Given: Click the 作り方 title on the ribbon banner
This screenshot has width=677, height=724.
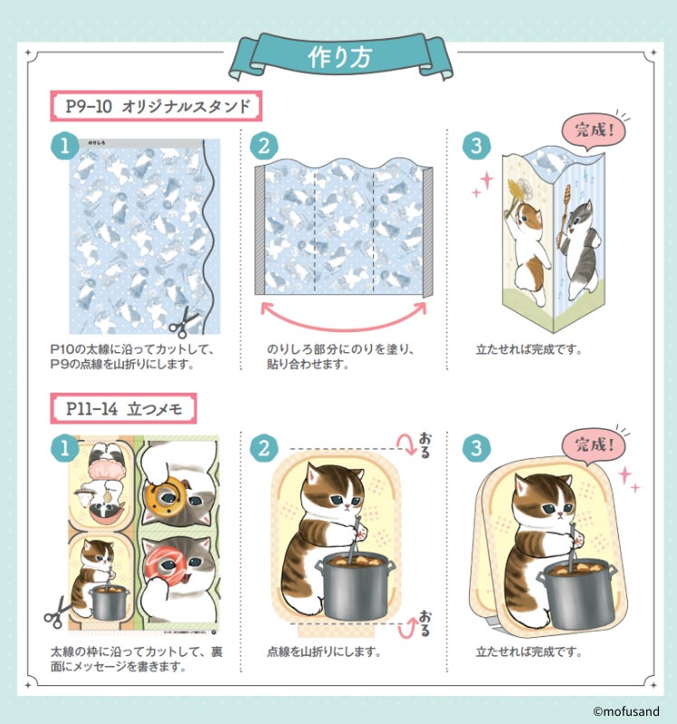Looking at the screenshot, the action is tap(340, 58).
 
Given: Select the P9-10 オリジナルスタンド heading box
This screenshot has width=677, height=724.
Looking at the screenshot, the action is tap(156, 106).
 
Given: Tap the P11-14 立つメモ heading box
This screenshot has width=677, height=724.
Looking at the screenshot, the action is tap(123, 409).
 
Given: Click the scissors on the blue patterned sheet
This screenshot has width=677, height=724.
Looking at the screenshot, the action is tap(185, 322).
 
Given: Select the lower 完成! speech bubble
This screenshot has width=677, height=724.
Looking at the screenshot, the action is tap(595, 446).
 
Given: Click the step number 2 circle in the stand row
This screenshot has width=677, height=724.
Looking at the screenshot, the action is tap(263, 147).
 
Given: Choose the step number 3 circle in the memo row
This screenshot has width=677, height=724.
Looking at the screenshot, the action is tap(476, 448).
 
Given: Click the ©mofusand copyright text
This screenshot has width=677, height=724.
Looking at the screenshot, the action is tap(626, 711).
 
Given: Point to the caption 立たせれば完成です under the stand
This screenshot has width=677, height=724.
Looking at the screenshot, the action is tap(529, 349).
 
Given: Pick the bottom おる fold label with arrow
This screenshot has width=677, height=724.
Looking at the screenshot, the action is tap(415, 624).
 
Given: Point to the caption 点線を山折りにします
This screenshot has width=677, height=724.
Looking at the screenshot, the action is tap(324, 652).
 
